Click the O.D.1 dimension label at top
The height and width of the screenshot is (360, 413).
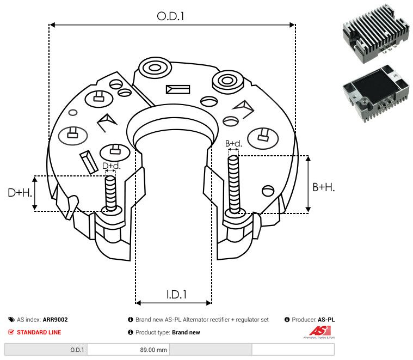click(x=171, y=16)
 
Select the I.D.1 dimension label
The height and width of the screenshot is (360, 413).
click(x=176, y=295)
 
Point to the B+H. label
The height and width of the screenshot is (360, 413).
click(x=323, y=187)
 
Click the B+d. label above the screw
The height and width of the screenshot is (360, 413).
click(x=233, y=144)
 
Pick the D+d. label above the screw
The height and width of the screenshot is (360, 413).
click(x=111, y=166)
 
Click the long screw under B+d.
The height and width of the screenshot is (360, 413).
click(x=234, y=185)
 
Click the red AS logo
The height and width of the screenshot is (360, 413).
click(x=317, y=331)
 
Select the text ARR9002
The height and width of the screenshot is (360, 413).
click(x=55, y=320)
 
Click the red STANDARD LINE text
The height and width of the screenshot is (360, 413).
click(x=39, y=332)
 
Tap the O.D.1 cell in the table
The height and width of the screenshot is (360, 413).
click(x=77, y=350)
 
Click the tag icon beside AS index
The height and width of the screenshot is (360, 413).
click(x=11, y=320)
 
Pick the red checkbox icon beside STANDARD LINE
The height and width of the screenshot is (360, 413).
click(x=11, y=332)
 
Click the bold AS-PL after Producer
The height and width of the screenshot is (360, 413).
click(x=326, y=320)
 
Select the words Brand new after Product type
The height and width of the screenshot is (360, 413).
click(x=186, y=332)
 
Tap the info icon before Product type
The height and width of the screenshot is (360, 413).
click(x=131, y=332)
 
